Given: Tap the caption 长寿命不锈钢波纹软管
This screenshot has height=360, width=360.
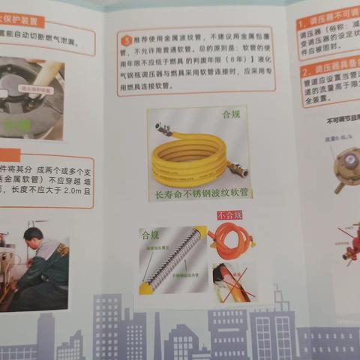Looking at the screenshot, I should (x=202, y=193).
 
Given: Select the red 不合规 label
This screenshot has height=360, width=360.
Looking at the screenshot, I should (x=229, y=215).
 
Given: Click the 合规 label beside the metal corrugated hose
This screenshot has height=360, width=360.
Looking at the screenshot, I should (x=150, y=235).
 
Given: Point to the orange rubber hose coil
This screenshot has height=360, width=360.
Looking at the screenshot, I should (x=232, y=240).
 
